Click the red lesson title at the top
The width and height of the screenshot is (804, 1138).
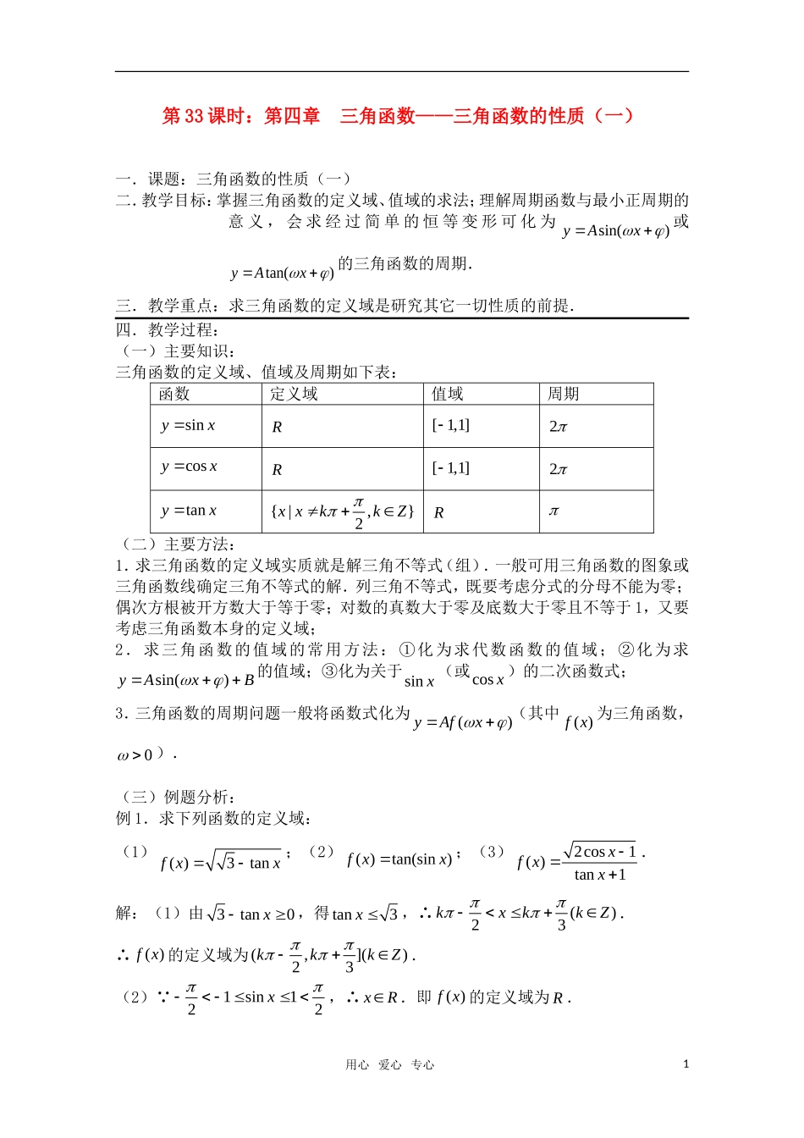point(398,116)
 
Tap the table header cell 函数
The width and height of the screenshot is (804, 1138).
point(174,394)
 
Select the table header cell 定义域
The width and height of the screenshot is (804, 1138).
point(294,394)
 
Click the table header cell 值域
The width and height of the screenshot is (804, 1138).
point(448,394)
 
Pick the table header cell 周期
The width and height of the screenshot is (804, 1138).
point(564,394)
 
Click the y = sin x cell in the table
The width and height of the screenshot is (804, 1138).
point(188,425)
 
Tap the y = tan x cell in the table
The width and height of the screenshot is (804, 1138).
point(189,511)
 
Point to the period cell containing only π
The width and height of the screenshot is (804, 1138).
point(553,511)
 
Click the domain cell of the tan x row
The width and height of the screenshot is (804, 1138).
point(342,511)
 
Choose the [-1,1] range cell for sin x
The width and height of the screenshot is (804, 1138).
point(450,425)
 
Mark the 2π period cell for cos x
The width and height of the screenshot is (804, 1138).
point(559,468)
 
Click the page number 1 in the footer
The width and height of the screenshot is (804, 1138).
point(686,1064)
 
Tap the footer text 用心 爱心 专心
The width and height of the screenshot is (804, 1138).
point(390,1065)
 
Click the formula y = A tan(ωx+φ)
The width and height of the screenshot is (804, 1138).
point(283,273)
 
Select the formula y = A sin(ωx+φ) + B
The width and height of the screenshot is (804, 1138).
point(186,680)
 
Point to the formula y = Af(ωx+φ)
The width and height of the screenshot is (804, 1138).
point(463,722)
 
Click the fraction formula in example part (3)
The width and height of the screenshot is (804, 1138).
point(580,862)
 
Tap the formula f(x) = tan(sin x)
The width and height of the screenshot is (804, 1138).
point(399,859)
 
